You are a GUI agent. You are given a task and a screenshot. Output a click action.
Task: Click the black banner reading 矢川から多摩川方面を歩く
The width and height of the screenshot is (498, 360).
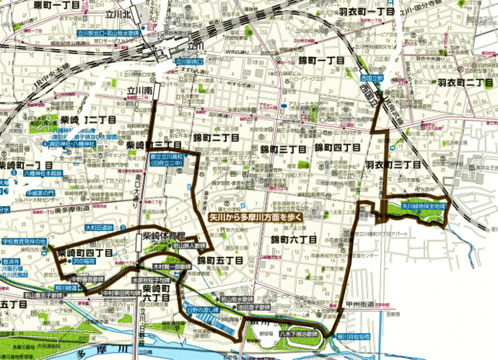[254, 216]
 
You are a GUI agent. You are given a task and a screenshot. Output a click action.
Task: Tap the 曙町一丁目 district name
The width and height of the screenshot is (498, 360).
[40, 6]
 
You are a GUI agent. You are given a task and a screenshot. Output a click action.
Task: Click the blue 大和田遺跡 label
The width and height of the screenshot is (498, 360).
[100, 227]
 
